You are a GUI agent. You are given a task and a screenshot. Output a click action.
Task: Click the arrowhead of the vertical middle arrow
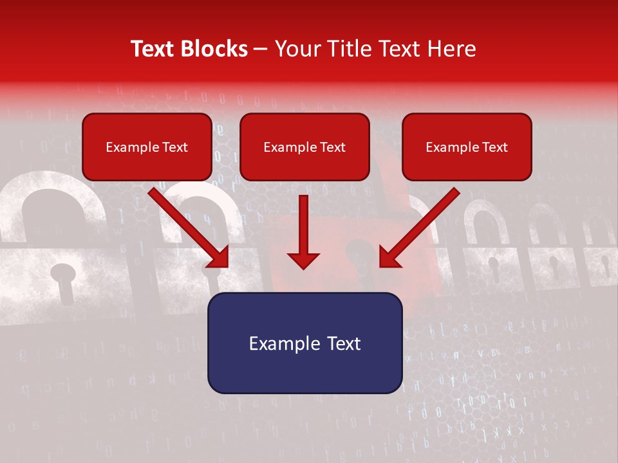[303, 260]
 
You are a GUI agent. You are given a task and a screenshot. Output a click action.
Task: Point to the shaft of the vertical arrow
[303, 222]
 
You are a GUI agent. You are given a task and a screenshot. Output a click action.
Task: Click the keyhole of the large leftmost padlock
[62, 280]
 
